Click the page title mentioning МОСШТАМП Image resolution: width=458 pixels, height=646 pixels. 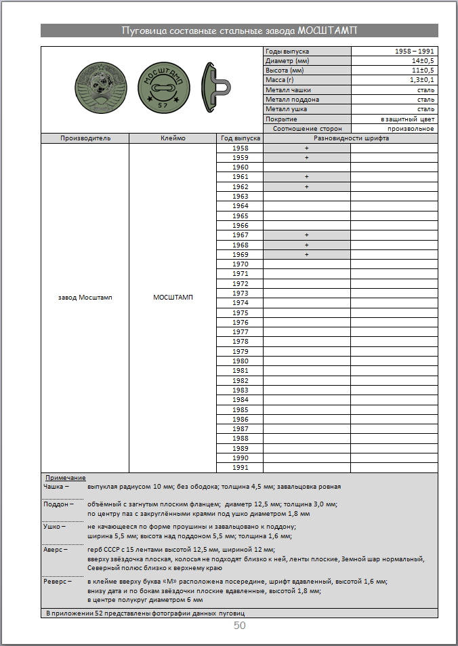click(x=239, y=31)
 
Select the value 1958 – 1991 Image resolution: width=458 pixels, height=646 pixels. click(x=415, y=52)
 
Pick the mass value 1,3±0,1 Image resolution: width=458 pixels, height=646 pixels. click(x=422, y=80)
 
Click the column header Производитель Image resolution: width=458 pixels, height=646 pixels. click(x=85, y=138)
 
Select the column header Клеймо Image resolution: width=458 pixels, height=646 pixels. click(x=172, y=138)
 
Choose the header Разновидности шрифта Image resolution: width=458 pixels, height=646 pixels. click(x=351, y=138)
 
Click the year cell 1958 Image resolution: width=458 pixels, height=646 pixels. click(x=240, y=148)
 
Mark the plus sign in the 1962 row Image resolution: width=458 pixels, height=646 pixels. click(x=306, y=186)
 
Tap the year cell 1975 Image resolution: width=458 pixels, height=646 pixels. click(x=240, y=312)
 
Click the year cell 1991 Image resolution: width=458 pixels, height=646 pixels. click(x=240, y=468)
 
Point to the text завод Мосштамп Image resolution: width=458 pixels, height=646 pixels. click(x=85, y=298)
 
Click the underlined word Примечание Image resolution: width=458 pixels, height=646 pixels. click(x=65, y=478)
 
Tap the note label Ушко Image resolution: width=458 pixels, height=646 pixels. click(x=54, y=527)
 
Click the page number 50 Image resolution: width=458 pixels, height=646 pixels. click(x=240, y=626)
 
